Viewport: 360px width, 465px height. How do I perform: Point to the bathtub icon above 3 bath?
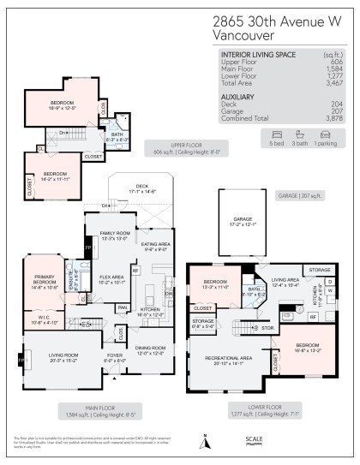pos(301,134)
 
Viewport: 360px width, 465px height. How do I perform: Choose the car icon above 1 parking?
pos(326,134)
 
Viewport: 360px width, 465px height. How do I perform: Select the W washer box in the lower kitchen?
pos(329,290)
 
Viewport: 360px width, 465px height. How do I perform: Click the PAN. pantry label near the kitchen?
pos(123,307)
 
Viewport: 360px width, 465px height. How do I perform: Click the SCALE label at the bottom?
pos(255,438)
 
